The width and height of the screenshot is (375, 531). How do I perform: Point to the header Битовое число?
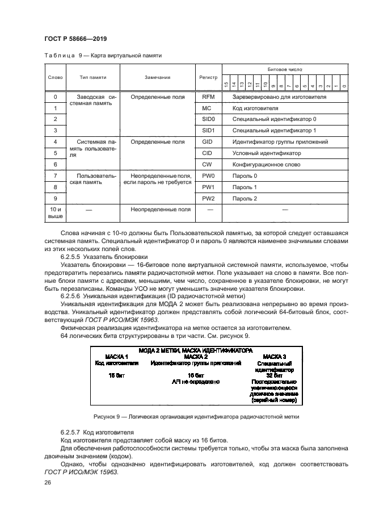[284, 69]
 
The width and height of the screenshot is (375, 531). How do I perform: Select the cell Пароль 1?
[245, 187]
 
